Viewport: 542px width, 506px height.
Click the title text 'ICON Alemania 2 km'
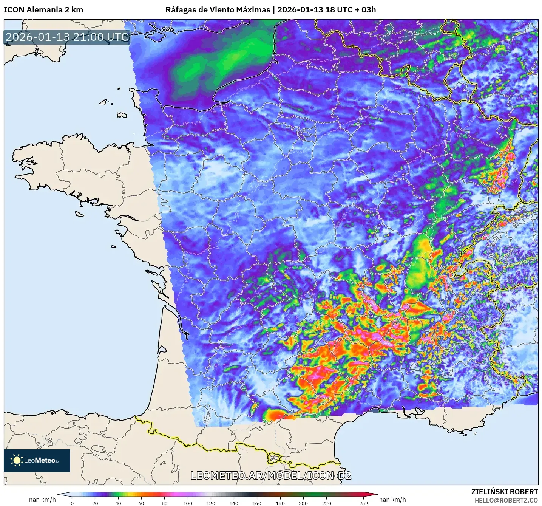[43, 10]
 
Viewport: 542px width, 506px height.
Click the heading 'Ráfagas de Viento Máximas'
[218, 10]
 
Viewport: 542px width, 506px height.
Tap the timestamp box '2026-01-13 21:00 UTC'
[67, 37]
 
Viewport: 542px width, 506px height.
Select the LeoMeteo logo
[37, 460]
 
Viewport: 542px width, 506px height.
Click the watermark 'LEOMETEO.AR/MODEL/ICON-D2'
[271, 475]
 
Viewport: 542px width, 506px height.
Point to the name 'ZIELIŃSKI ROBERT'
[505, 492]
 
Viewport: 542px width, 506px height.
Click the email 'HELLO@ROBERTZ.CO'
[506, 500]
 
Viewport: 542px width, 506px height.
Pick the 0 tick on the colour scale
[72, 503]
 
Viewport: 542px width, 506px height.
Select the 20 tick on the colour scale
[95, 503]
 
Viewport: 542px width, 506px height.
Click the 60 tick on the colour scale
[141, 503]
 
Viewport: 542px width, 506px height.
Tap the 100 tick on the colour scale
[188, 503]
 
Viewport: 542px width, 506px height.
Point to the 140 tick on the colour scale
[234, 503]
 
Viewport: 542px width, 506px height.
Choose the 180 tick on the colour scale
[280, 503]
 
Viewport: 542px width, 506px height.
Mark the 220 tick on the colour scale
[326, 503]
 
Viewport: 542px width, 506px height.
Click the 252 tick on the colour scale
[363, 503]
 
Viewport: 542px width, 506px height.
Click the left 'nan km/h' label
[42, 500]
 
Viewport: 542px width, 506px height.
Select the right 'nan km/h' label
[392, 500]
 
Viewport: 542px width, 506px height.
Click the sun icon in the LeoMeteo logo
[17, 460]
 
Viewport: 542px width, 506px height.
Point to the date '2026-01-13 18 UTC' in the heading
[315, 10]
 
